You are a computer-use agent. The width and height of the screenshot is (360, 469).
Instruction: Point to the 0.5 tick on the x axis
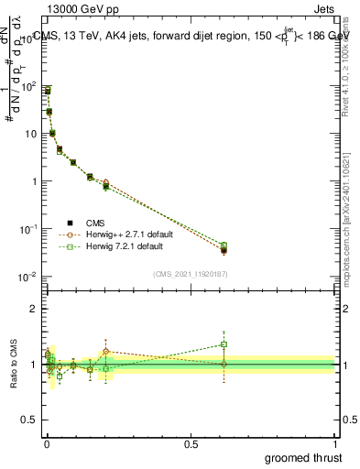pyautogui.click(x=191, y=443)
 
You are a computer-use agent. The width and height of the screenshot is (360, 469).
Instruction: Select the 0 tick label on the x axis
pyautogui.click(x=47, y=443)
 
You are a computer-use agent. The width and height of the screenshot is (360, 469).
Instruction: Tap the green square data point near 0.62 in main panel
pyautogui.click(x=224, y=245)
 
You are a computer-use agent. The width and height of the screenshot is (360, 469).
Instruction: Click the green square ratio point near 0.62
pyautogui.click(x=224, y=344)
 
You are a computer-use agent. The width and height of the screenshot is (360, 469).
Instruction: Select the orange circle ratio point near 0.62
pyautogui.click(x=224, y=365)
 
